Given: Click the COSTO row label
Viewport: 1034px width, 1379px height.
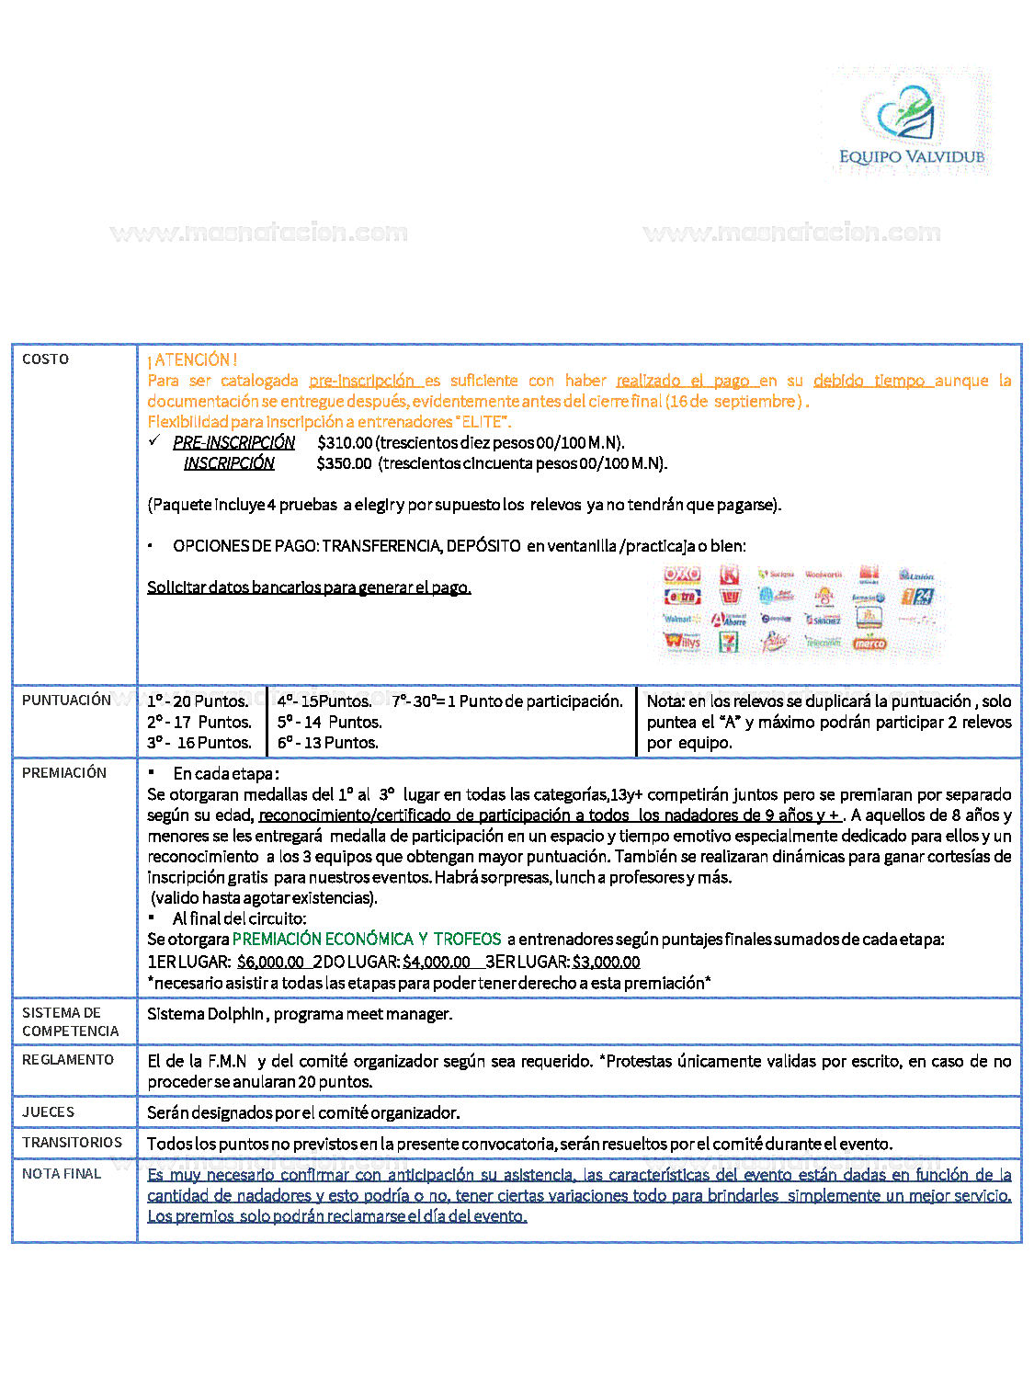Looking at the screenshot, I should [x=45, y=359].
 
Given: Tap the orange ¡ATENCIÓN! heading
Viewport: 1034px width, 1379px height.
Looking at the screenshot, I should [x=192, y=359].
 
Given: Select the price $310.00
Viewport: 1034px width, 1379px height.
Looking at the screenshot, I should [x=345, y=443].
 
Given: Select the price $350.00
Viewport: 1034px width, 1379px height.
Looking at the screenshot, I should [x=344, y=463].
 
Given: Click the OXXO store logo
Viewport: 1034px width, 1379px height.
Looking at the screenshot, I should [x=682, y=575].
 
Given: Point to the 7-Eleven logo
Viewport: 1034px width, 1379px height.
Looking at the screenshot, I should [x=729, y=643].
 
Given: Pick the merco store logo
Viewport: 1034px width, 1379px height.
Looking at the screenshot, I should [x=869, y=643].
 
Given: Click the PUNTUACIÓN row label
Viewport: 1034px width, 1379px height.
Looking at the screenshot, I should [x=66, y=701].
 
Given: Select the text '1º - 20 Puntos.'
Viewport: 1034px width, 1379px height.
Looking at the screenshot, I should [x=198, y=701].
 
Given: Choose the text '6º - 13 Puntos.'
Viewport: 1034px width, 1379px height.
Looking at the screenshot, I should [x=328, y=743].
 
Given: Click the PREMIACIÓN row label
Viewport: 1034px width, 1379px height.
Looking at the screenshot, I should [x=64, y=773].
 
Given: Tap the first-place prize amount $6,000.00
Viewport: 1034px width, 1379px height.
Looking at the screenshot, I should [x=270, y=963].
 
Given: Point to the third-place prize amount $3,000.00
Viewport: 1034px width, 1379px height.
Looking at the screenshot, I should [x=606, y=963].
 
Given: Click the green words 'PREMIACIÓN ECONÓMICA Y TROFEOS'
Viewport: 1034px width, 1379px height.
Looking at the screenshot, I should [x=367, y=940].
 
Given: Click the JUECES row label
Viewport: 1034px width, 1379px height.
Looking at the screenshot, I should [x=48, y=1112].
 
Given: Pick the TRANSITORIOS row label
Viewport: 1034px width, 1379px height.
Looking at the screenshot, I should [x=72, y=1143].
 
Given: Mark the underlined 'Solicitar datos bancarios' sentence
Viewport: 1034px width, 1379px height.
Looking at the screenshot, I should [x=309, y=587].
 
